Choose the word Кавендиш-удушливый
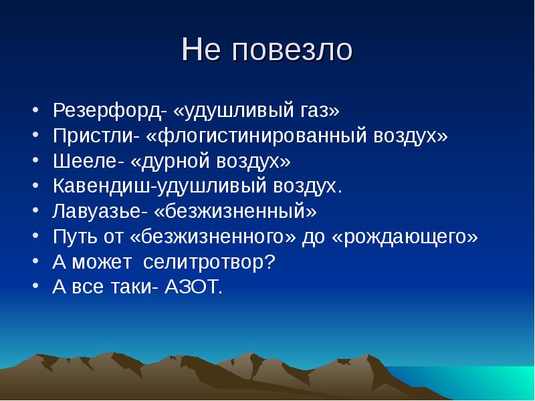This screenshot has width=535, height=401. [160, 186]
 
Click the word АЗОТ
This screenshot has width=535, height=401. [197, 287]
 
